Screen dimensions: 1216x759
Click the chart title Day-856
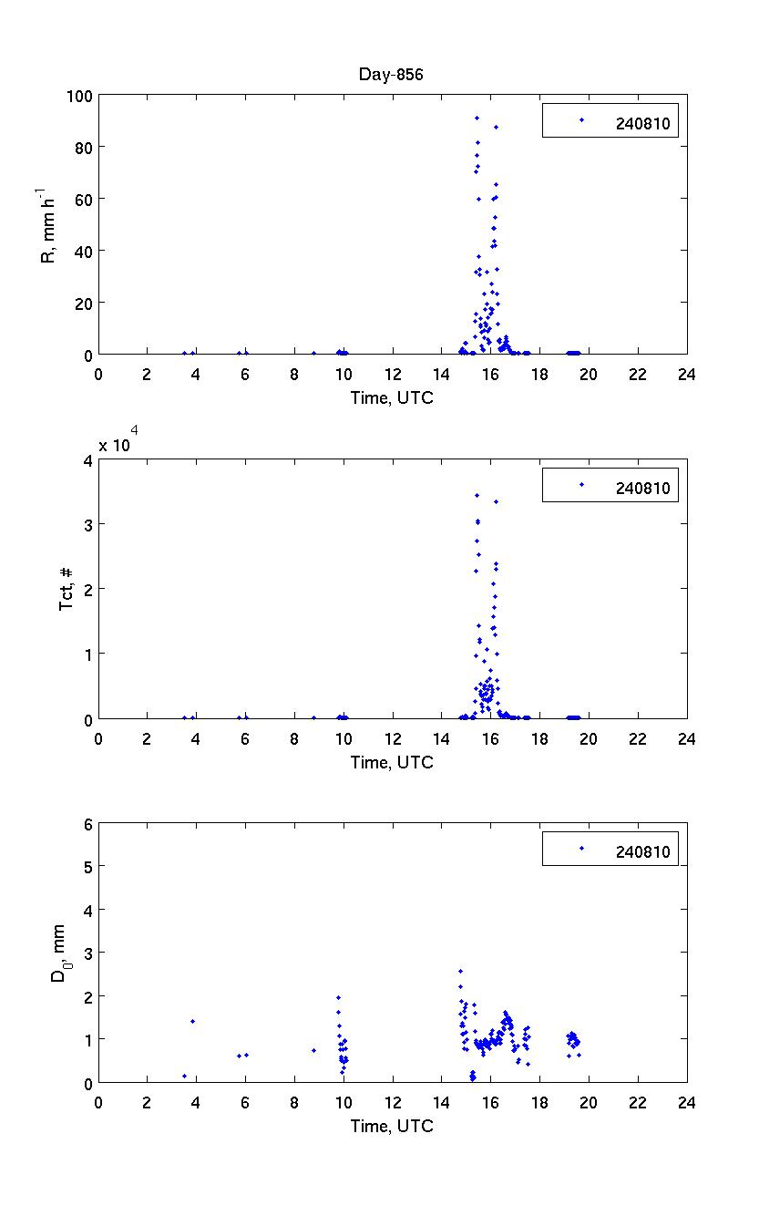point(390,75)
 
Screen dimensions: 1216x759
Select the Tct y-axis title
point(66,589)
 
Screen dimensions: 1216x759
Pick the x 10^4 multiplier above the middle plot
point(118,443)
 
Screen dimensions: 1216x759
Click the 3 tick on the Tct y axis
point(87,524)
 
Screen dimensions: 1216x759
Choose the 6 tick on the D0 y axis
point(87,823)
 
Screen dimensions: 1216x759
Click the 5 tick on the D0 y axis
point(87,866)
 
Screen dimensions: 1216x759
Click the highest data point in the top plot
point(476,118)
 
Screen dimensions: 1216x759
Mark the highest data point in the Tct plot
point(477,495)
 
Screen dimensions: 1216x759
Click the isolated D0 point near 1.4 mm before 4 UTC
point(192,1021)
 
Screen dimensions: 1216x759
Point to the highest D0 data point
point(460,971)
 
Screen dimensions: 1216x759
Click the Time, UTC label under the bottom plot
point(392,1126)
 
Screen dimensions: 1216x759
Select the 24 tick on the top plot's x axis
point(686,373)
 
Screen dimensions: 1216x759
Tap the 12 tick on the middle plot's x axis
point(393,738)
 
